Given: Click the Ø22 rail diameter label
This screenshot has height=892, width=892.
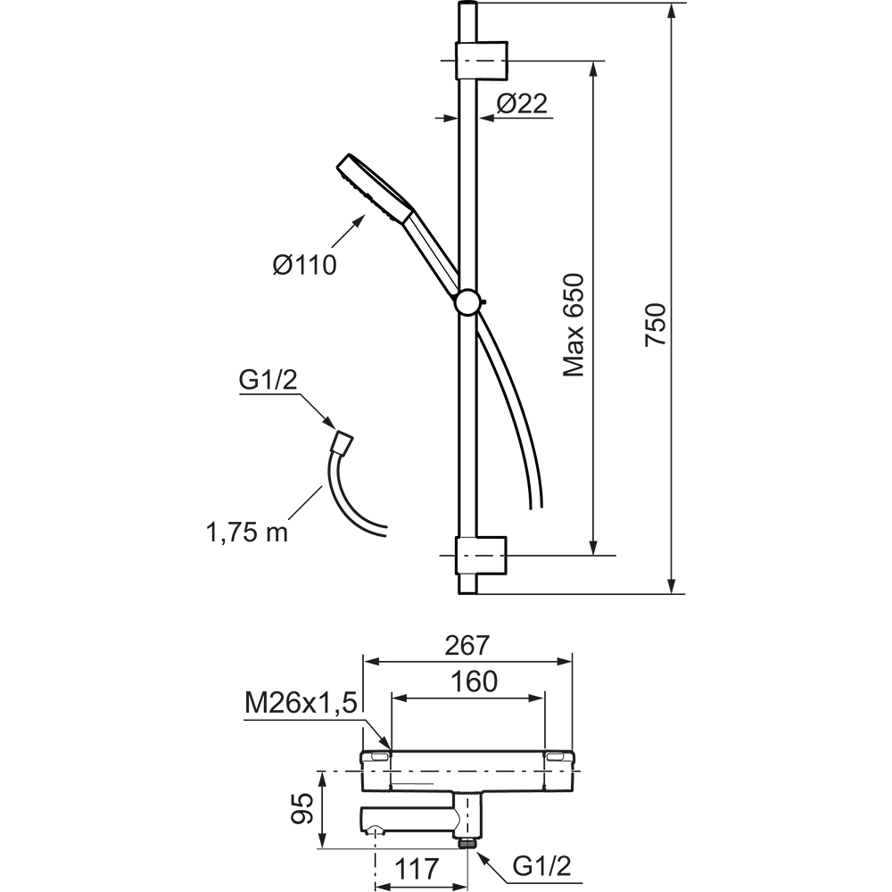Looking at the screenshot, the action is (522, 103).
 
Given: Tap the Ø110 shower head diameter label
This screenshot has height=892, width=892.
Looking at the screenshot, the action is (304, 265).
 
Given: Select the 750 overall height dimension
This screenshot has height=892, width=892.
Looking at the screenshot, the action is (655, 325).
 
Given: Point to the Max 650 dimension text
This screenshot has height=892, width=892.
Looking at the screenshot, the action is (574, 326).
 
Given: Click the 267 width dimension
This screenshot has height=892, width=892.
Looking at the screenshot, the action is (467, 645).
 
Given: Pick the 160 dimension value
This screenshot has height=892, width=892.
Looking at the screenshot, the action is (474, 681).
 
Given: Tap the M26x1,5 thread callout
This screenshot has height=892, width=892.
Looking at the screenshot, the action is (301, 705).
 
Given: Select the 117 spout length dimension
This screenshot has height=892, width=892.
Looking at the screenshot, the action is (417, 868).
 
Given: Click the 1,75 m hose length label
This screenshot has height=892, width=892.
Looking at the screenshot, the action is (246, 533).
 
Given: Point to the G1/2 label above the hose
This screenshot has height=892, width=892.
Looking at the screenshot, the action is (268, 381).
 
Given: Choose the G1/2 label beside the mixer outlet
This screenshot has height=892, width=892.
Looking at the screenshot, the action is (541, 866).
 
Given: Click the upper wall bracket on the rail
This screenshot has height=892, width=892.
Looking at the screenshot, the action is (481, 60).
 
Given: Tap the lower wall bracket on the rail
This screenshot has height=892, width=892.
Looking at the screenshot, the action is (481, 555).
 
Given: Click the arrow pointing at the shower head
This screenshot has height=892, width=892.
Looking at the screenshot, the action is (344, 231).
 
